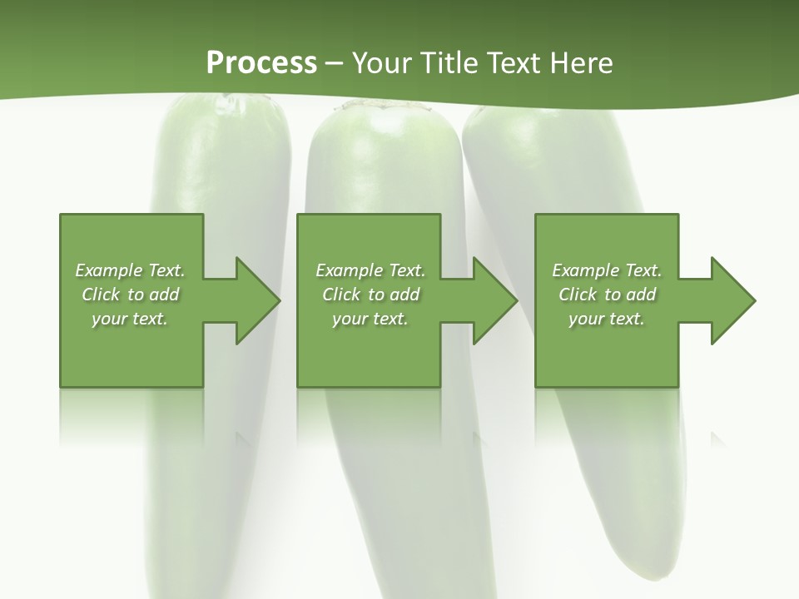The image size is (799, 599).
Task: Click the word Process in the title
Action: coord(261,63)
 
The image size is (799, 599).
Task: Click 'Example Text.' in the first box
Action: coord(130,270)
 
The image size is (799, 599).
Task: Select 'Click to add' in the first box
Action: coord(130,295)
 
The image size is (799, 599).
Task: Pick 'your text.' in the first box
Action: coord(130,319)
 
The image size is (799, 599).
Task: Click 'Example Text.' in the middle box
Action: coord(370,270)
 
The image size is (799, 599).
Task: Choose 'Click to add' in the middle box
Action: coord(370,295)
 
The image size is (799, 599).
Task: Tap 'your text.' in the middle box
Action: coord(370,319)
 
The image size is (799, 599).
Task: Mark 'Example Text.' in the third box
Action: coord(607,270)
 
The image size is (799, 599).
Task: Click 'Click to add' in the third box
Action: coord(607,295)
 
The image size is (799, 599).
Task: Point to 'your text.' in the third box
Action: coord(607,319)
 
